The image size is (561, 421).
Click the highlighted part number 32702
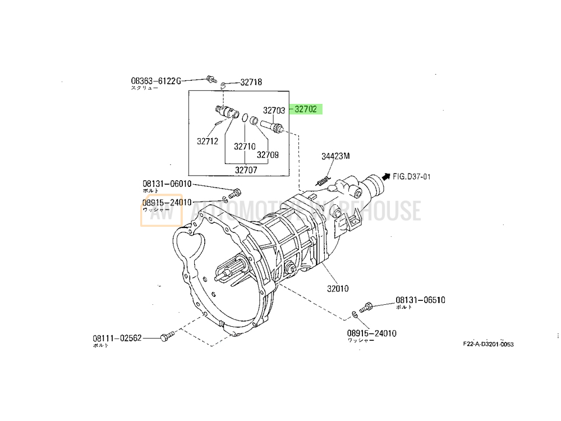click(307, 110)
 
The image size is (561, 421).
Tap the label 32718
click(251, 83)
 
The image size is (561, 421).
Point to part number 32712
click(207, 141)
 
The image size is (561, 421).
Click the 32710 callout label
click(245, 147)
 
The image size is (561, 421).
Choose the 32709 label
click(268, 155)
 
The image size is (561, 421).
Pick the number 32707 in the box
click(246, 170)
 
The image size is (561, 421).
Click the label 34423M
click(335, 157)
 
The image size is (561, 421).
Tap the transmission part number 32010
click(338, 289)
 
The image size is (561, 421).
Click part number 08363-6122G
click(157, 81)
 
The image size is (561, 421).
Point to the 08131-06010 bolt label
click(167, 184)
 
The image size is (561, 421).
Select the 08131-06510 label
click(420, 300)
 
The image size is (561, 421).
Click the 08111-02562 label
click(117, 338)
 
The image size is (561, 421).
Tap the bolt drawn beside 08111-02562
click(167, 337)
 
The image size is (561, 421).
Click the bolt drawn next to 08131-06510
click(365, 306)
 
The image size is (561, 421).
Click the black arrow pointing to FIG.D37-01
click(385, 176)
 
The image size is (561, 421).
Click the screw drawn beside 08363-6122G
click(211, 78)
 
